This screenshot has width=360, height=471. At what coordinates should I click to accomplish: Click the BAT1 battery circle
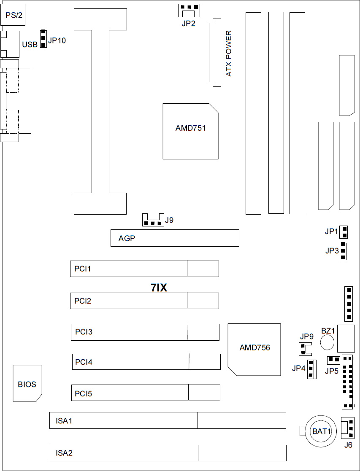322,431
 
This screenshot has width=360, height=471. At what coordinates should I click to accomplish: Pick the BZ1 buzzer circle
328,343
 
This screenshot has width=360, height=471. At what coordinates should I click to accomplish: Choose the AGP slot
175,238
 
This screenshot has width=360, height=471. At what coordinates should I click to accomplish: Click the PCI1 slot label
83,269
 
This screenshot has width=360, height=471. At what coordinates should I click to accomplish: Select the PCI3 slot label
84,332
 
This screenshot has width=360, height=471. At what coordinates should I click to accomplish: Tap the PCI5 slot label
84,393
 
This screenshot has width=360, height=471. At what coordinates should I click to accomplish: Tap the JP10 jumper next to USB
43,39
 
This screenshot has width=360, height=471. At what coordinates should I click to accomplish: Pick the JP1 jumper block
345,231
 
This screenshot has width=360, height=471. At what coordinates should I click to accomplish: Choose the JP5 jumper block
333,360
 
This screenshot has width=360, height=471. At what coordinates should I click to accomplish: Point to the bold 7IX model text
160,288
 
